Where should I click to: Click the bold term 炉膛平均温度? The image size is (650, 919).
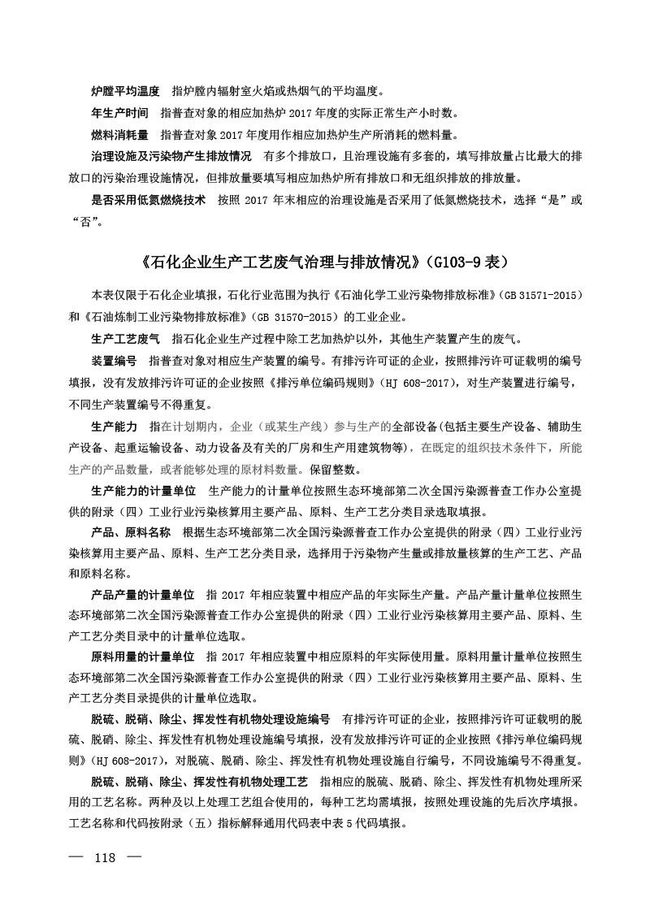coord(124,92)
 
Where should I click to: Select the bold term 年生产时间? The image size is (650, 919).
coord(119,113)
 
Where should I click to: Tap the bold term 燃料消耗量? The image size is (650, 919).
coord(119,134)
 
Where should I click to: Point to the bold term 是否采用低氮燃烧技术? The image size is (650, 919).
coord(147,198)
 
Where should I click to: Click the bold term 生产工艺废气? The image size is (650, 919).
coord(124,338)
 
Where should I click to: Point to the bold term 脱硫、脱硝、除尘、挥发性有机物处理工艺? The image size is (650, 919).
coord(198,782)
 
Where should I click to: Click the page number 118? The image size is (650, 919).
coord(107,858)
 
